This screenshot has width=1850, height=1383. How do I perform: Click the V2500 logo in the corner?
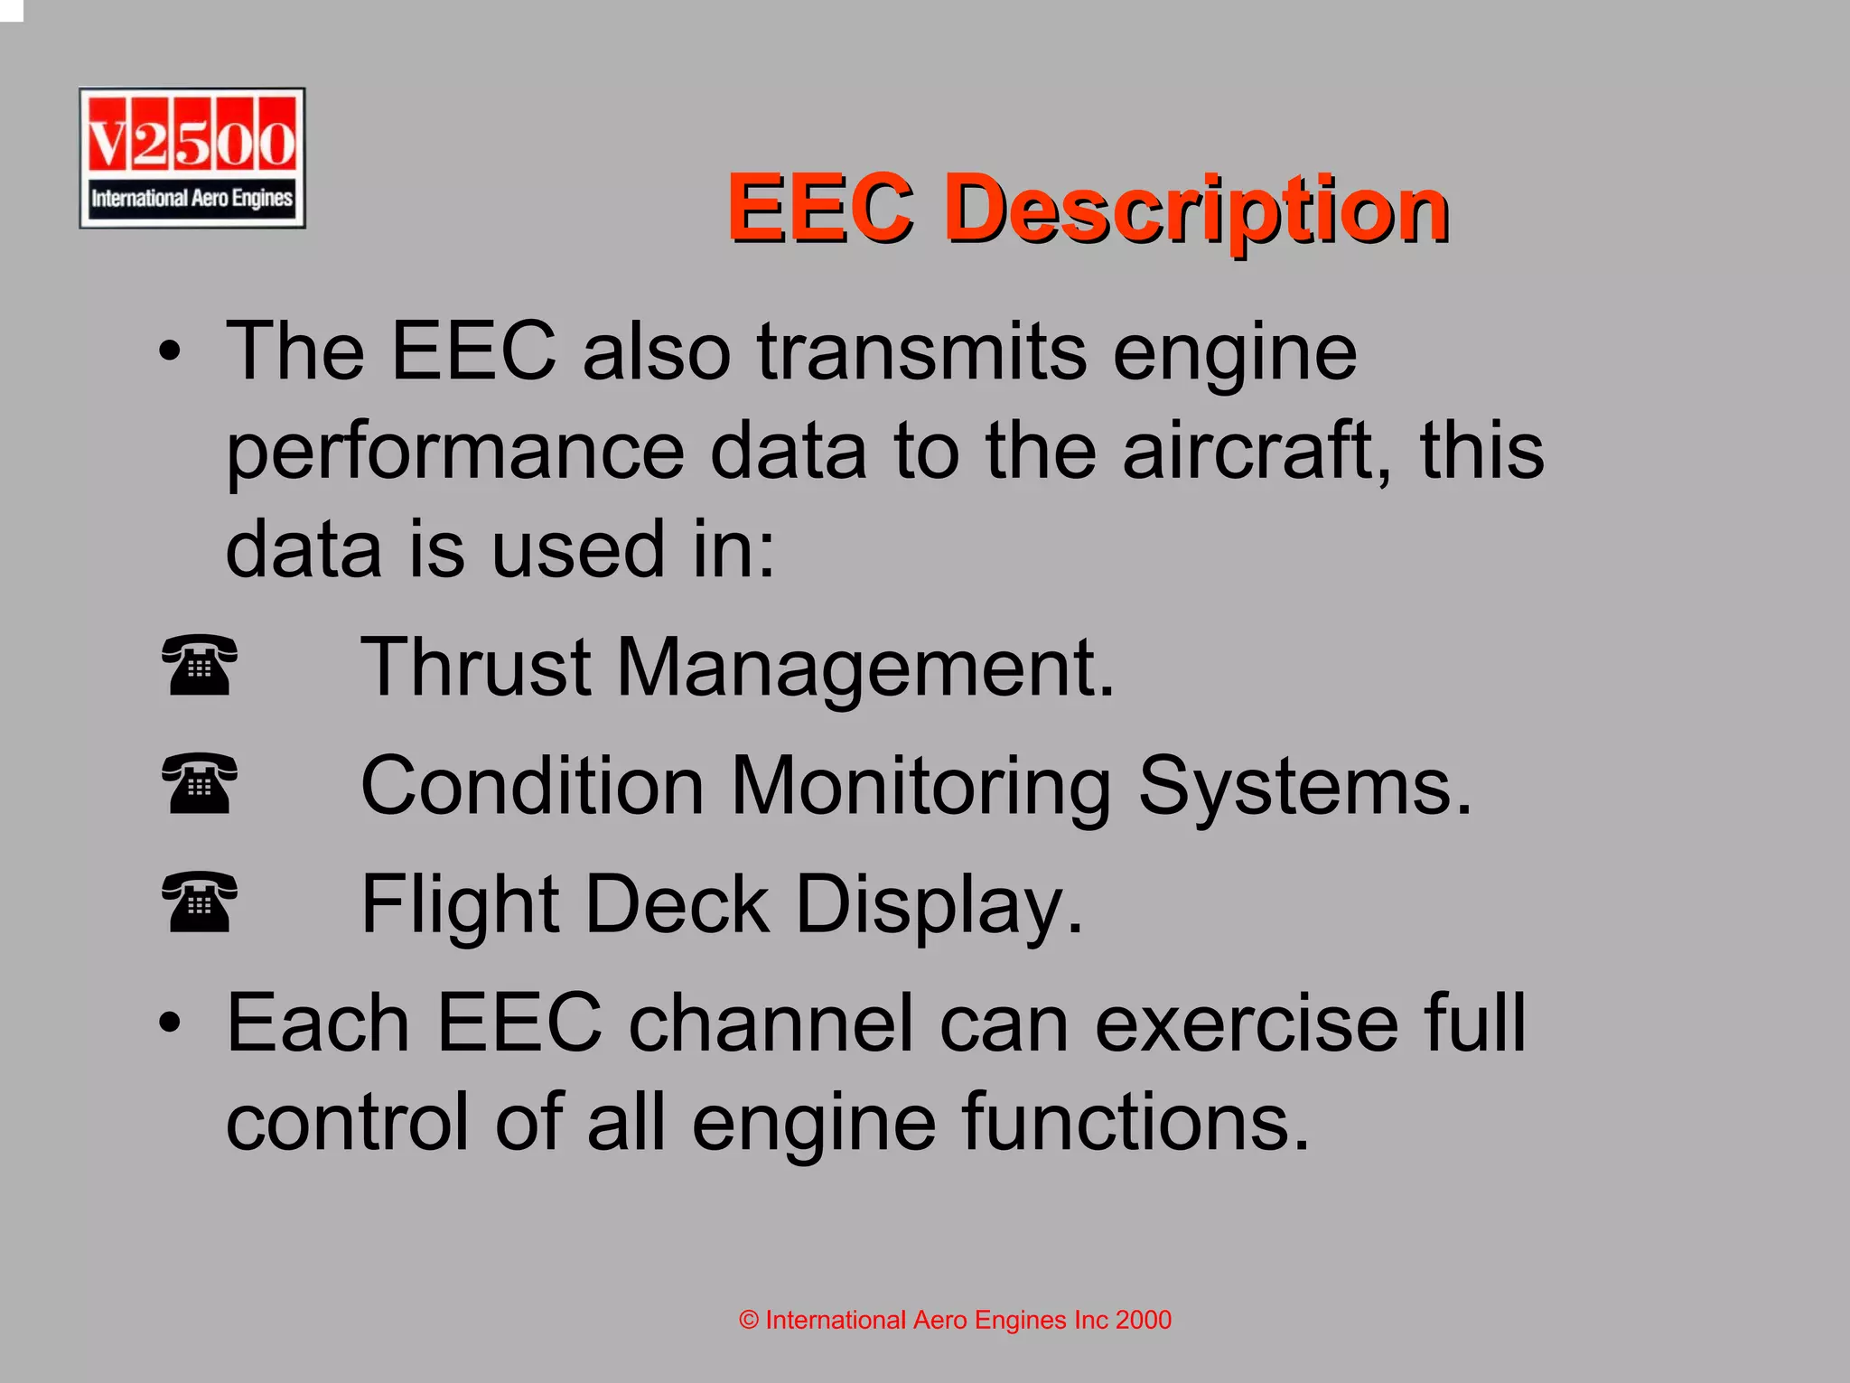tap(192, 158)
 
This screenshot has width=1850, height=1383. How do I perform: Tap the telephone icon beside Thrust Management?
tap(200, 665)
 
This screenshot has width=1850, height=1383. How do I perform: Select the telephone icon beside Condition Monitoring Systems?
tap(200, 783)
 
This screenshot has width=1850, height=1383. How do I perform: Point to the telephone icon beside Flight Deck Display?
tap(200, 902)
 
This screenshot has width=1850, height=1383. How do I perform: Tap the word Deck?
tap(677, 904)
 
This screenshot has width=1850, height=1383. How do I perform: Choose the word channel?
tap(771, 1023)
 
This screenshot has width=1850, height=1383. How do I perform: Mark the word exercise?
tap(1246, 1023)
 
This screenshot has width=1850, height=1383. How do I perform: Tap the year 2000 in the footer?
tap(1143, 1320)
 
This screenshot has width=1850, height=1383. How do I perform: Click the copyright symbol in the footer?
tap(749, 1321)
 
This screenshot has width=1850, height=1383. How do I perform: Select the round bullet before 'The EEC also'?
tap(169, 352)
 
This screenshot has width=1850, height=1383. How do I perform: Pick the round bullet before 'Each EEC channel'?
tap(169, 1023)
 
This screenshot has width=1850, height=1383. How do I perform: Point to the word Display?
tap(939, 906)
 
